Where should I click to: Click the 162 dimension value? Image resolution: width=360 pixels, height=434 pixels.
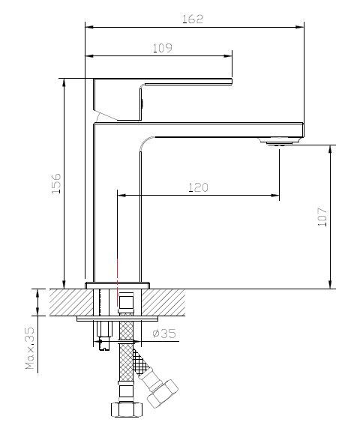click(193, 19)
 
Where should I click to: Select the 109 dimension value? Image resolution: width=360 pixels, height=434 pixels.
click(163, 48)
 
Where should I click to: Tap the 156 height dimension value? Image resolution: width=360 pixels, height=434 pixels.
click(56, 184)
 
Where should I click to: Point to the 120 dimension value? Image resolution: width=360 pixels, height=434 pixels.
click(198, 187)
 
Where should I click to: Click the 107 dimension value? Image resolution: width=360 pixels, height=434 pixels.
click(322, 217)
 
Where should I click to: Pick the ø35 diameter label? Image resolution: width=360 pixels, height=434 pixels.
click(164, 334)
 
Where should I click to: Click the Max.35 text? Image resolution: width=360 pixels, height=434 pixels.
click(30, 349)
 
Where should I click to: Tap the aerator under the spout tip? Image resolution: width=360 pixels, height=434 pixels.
click(279, 143)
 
